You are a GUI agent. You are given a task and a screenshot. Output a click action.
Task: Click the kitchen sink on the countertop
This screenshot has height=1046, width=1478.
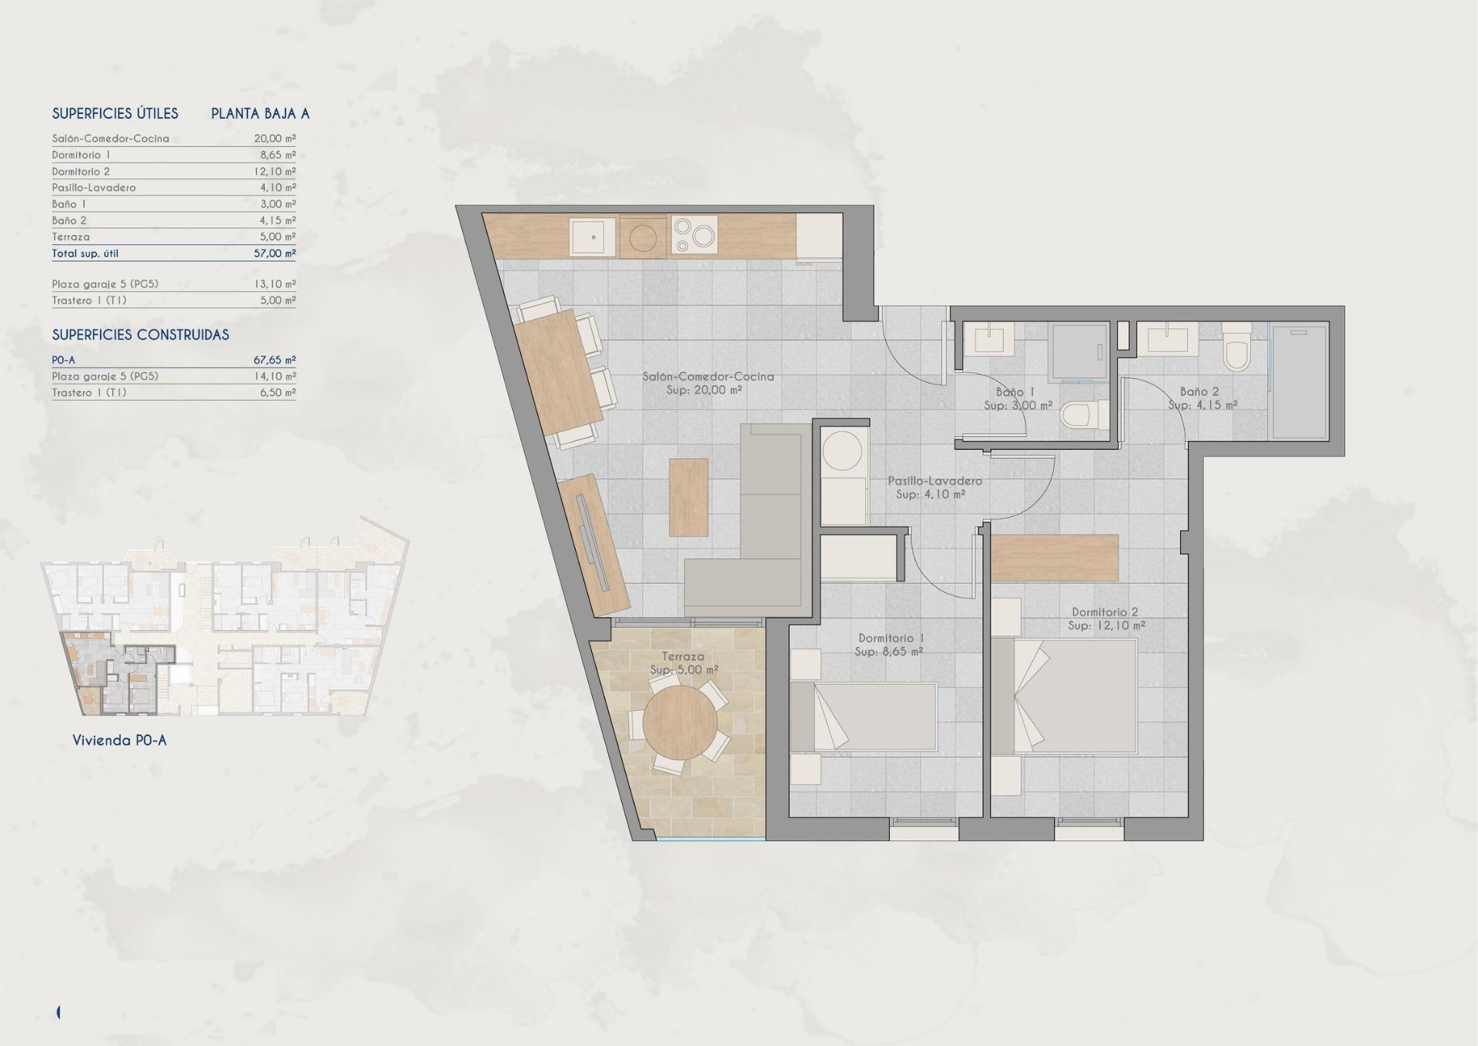pos(593,237)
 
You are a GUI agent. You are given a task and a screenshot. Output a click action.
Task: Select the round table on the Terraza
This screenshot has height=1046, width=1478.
pos(680,723)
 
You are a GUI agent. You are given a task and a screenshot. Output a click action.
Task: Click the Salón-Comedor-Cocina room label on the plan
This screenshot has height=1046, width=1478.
pos(708,377)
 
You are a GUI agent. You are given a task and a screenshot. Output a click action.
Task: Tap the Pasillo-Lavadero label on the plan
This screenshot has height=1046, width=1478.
pos(935,481)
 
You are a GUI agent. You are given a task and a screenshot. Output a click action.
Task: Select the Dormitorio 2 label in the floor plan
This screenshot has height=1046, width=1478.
pos(1105,612)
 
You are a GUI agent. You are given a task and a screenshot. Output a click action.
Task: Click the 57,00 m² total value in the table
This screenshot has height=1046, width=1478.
pos(275,253)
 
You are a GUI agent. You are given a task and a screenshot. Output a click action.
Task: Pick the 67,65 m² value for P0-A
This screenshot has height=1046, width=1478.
pos(275,360)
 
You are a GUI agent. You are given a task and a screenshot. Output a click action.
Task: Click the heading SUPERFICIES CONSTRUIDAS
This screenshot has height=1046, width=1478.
pos(140,335)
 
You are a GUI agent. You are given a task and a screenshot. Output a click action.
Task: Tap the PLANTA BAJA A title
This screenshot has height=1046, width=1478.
pos(260,114)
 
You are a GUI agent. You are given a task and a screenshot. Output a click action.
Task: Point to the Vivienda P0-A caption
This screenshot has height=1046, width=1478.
pos(119,740)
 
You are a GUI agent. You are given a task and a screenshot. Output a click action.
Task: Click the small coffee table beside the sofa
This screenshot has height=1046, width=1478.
pos(688,498)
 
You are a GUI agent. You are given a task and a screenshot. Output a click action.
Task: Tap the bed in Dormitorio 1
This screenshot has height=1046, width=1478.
pos(864,717)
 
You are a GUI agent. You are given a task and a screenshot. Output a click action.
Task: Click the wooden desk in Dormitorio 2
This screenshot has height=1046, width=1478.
pos(1054,558)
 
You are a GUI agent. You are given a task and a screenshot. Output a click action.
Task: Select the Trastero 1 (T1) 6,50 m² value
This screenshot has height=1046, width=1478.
pos(278,393)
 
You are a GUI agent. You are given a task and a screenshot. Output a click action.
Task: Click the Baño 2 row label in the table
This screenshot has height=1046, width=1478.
pos(69,220)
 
